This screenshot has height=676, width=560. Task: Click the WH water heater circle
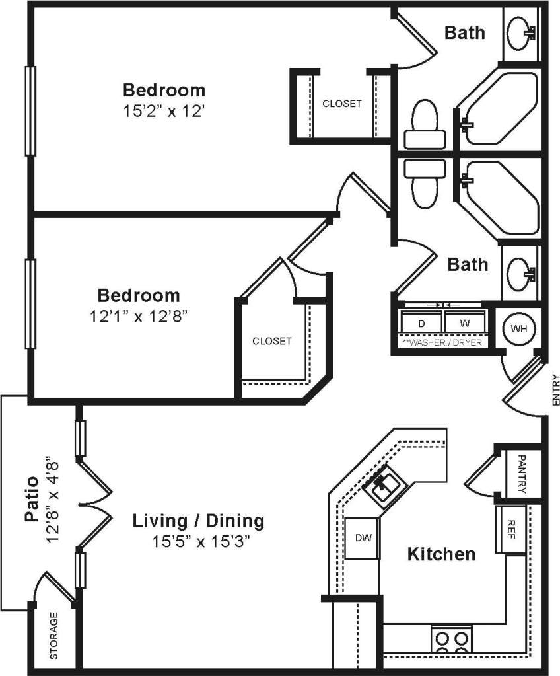[x=519, y=328]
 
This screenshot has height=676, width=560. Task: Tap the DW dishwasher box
[x=363, y=538]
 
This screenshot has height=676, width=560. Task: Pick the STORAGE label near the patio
[x=54, y=636]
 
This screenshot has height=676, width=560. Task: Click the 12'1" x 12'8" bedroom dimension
[x=139, y=317]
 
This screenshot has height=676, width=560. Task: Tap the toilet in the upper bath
[x=425, y=126]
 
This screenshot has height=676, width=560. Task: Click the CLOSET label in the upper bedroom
[x=341, y=104]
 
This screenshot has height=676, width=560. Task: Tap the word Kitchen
[x=440, y=554]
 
